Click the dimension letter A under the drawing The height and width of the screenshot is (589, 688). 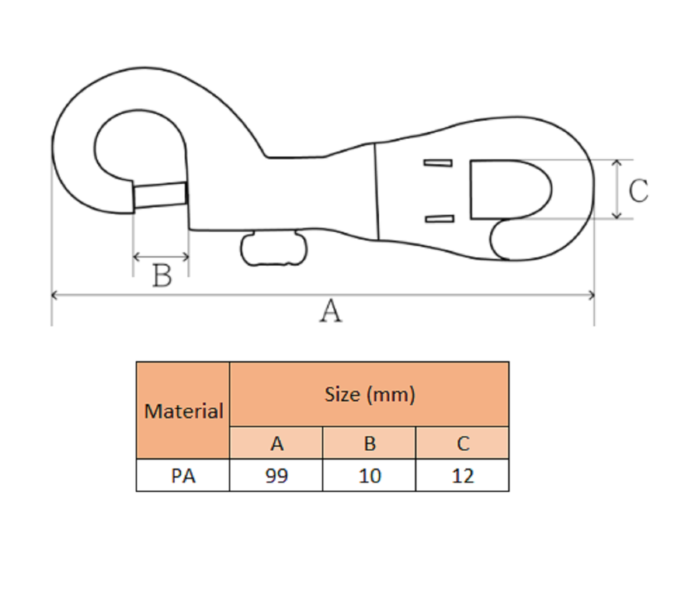[x=330, y=312]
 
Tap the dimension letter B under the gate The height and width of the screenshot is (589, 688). [x=163, y=275]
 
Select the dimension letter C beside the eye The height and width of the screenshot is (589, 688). [x=638, y=191]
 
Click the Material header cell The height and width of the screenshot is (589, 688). [x=183, y=411]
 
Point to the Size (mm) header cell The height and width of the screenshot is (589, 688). [x=369, y=394]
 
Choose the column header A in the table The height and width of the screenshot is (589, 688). [x=277, y=444]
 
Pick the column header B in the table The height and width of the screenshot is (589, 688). [x=369, y=444]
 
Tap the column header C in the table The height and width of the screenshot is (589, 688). [x=462, y=444]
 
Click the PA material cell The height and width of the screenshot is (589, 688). [x=183, y=476]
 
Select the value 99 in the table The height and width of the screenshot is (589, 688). [x=277, y=476]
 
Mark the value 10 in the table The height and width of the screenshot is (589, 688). [x=369, y=476]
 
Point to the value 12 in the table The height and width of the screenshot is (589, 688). [x=462, y=476]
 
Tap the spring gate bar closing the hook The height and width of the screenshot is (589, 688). [x=160, y=195]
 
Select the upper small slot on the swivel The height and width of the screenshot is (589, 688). [x=439, y=163]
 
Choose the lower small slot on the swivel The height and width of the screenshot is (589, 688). [x=439, y=218]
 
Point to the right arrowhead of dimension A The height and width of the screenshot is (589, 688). [x=591, y=294]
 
